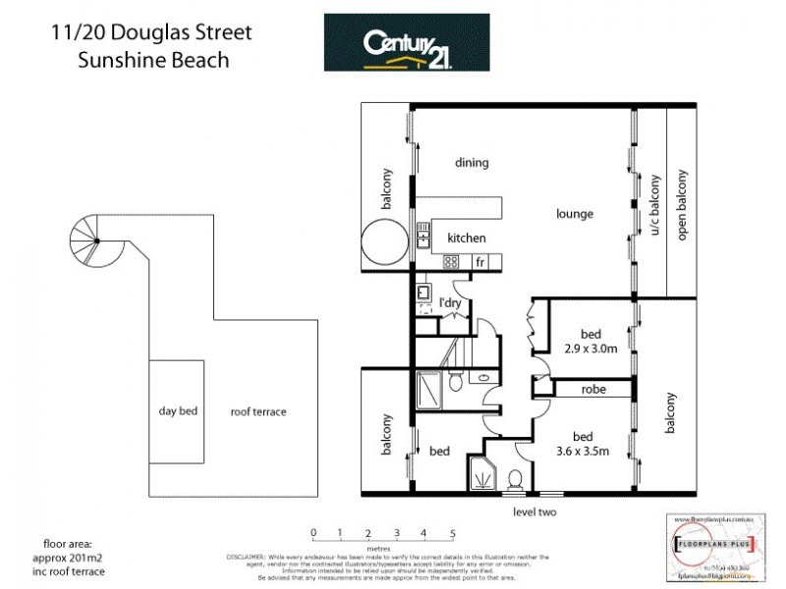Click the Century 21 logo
[407, 42]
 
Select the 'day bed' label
[178, 411]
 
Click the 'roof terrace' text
[258, 412]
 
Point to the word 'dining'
[472, 163]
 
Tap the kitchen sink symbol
[424, 236]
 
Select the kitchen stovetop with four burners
[452, 262]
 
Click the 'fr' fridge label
[480, 263]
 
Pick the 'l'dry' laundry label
[451, 302]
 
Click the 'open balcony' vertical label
[680, 205]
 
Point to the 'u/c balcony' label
[652, 205]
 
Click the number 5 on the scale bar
[453, 533]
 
